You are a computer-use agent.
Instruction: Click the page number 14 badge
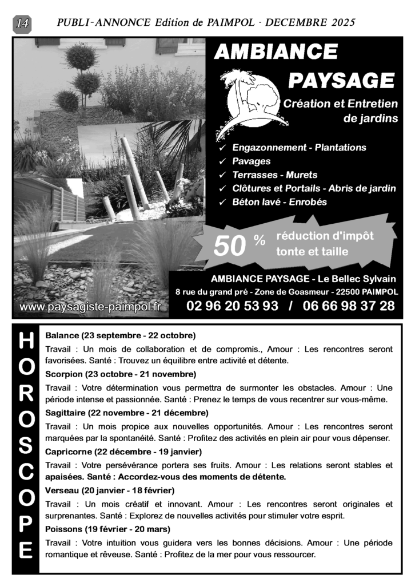[x=23, y=23]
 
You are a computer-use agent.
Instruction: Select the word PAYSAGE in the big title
[x=341, y=81]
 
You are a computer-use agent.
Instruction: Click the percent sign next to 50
[x=259, y=241]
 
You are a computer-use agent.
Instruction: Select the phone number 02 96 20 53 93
[x=232, y=306]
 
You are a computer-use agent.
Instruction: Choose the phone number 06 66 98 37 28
[x=349, y=306]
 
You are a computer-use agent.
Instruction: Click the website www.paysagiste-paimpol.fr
[x=90, y=307]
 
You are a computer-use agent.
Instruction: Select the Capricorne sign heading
[x=69, y=452]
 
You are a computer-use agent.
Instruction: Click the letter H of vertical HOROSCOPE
[x=26, y=342]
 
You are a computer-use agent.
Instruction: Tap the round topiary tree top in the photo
[x=81, y=57]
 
